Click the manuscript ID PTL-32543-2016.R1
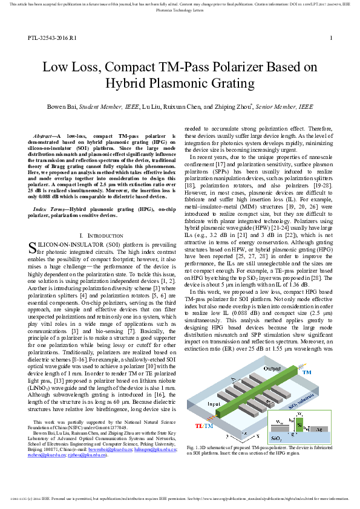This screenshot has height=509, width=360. click(x=51, y=38)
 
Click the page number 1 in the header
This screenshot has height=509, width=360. click(x=331, y=38)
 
